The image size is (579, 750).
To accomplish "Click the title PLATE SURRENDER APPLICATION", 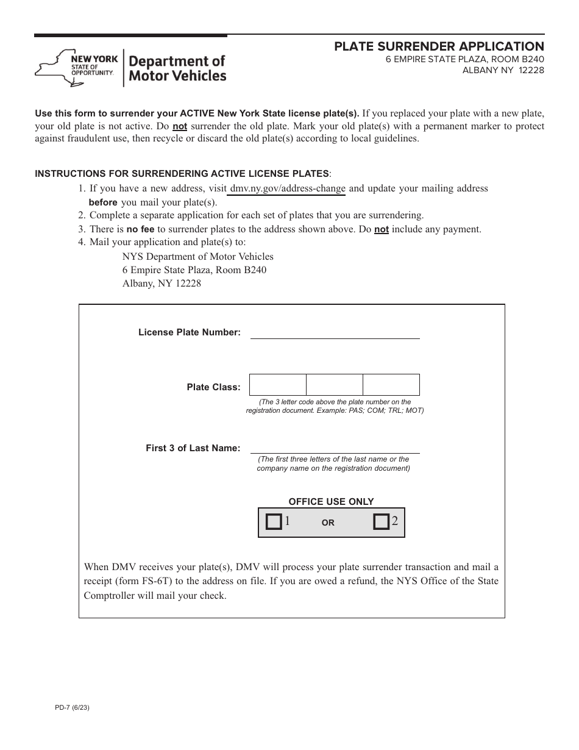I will click(439, 47).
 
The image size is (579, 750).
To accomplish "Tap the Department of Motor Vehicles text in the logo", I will click(177, 68).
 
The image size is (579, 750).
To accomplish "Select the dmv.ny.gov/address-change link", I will click(288, 188).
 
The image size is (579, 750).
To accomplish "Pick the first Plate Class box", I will click(278, 385).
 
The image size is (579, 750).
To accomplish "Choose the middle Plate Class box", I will click(335, 385).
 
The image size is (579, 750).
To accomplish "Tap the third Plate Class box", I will click(391, 385).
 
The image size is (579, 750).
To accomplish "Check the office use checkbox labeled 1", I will click(274, 522).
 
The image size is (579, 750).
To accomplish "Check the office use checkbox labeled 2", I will click(382, 522).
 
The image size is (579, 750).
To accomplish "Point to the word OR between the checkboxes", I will click(328, 523).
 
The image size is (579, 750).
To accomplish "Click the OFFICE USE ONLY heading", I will click(331, 502).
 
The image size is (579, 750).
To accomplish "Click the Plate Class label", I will click(213, 387).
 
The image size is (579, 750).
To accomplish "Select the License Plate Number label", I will click(190, 332).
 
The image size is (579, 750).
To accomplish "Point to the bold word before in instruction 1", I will click(103, 202).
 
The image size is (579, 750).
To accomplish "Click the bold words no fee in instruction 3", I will click(140, 229).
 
